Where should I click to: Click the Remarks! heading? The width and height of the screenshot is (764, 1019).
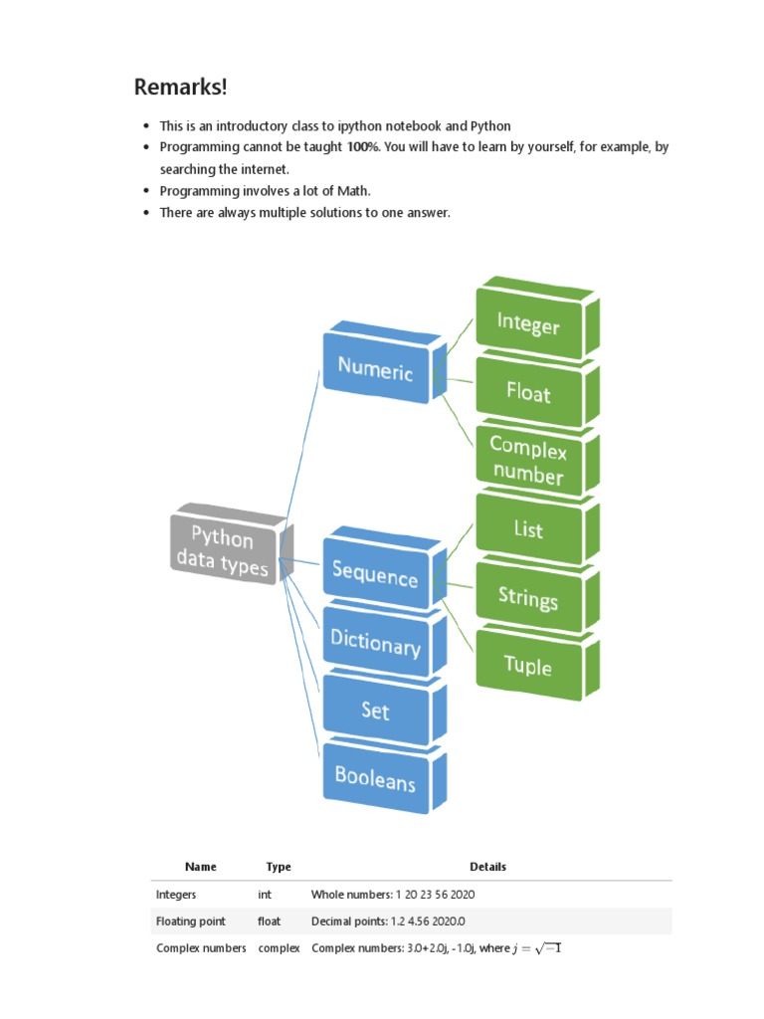coord(180,88)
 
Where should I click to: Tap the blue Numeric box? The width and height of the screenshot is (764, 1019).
coord(375,369)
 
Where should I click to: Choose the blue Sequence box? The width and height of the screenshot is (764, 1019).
coord(375,574)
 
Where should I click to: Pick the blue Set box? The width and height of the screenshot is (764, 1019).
coord(375,711)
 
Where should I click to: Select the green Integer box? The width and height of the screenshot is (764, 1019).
coord(528,324)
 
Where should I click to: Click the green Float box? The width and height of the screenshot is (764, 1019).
coord(528,393)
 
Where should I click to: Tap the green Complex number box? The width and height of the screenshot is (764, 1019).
coord(528,463)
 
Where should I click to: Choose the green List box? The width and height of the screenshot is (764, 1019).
coord(528,529)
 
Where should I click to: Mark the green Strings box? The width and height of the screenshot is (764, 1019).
coord(528,598)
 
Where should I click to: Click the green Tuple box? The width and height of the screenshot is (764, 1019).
coord(528,666)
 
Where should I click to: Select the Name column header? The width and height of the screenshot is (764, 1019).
coord(200,867)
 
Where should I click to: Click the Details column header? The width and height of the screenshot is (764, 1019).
coord(487,867)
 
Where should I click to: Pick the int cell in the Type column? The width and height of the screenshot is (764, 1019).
coord(265,895)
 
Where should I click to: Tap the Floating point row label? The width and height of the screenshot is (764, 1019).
coord(191,921)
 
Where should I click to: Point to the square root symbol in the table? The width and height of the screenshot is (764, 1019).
coord(547,948)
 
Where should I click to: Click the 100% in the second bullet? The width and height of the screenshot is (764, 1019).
coord(363,147)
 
